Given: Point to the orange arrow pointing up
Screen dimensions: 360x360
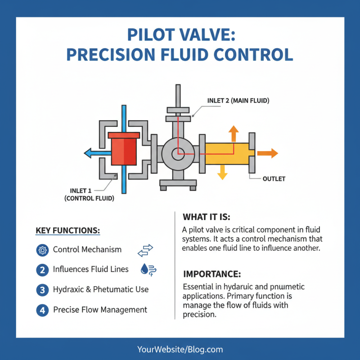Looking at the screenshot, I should tap(233, 133).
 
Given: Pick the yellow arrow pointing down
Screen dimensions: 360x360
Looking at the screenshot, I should tap(221, 173).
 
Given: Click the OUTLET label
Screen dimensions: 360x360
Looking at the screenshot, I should tap(274, 179).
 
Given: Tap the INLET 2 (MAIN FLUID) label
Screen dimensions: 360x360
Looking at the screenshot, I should tap(238, 101).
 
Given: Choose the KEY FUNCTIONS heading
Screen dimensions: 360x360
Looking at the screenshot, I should tap(67, 230).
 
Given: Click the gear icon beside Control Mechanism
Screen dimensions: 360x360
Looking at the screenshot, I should tap(42, 250).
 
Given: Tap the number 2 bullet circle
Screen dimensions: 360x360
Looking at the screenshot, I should tap(42, 270).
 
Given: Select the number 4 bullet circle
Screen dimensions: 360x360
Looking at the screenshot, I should tap(42, 310).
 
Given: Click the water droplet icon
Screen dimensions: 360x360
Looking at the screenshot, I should tap(144, 269).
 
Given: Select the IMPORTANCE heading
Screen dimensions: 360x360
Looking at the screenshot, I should tap(212, 274).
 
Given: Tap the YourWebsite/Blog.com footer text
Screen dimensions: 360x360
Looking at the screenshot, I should tap(180, 349).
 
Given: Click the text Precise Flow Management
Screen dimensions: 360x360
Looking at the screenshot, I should tap(100, 310).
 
